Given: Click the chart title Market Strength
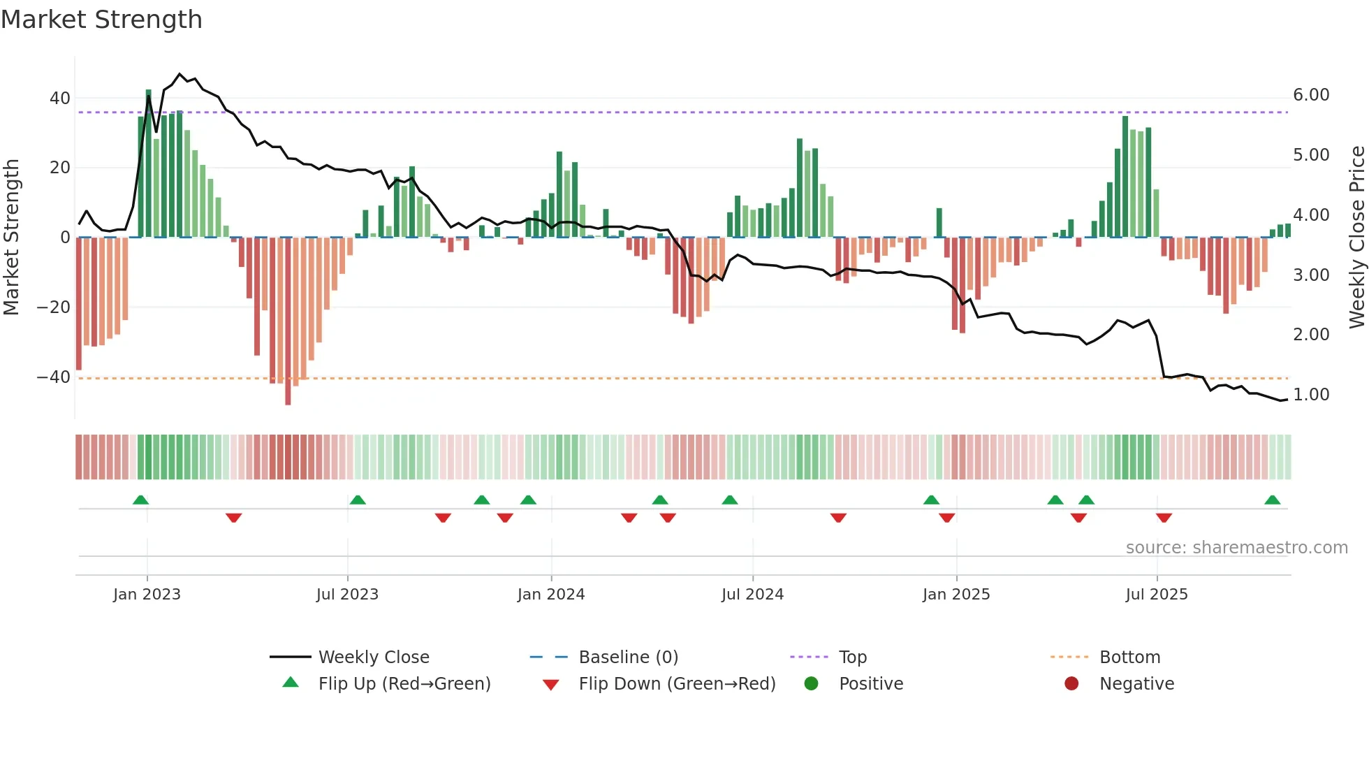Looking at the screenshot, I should tap(101, 20).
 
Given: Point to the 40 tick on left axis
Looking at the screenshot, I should tap(60, 99).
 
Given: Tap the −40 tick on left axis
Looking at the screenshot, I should tap(54, 377).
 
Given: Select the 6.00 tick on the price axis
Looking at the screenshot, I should tap(1311, 95).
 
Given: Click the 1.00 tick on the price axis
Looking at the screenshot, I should tap(1311, 395).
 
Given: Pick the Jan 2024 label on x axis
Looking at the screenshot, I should tap(551, 595).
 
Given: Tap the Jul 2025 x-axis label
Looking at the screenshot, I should tap(1157, 595).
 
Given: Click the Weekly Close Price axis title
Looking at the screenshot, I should tap(1356, 237).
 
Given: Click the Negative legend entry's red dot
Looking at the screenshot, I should tap(1071, 683).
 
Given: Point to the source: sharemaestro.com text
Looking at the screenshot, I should tap(1236, 548).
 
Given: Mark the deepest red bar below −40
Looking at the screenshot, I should tap(288, 321).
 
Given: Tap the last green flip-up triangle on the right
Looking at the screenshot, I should tap(1272, 500).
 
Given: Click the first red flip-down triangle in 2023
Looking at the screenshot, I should tap(233, 518).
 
